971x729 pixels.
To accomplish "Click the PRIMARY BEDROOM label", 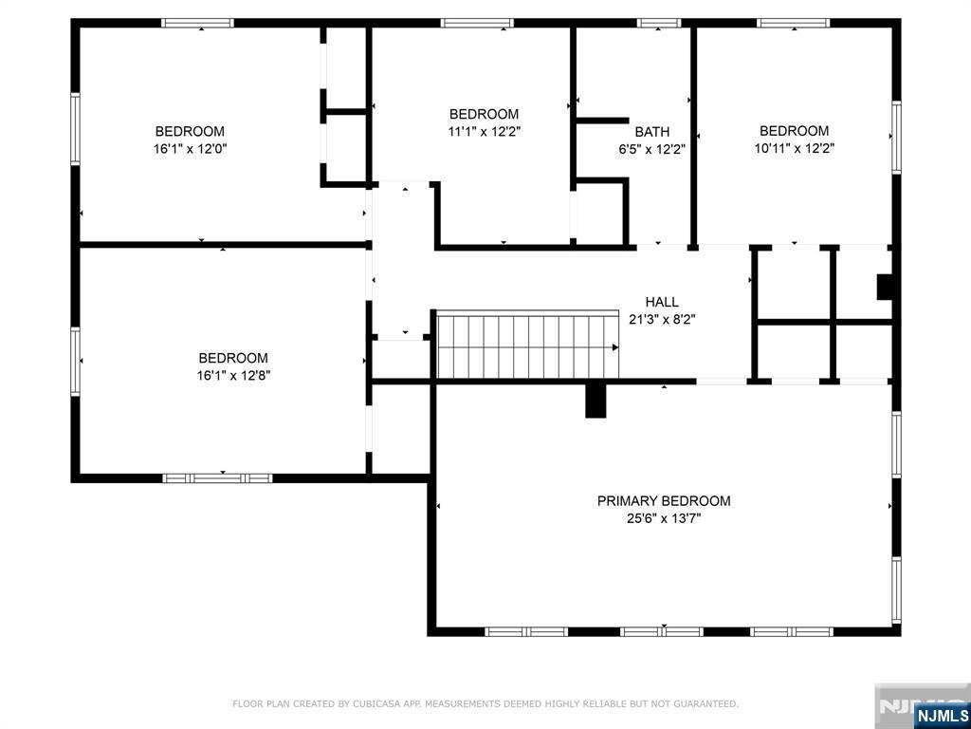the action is click(664, 501).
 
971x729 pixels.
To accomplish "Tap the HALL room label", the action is click(662, 302).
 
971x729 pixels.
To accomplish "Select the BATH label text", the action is click(652, 132).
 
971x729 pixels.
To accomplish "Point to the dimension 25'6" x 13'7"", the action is click(664, 518).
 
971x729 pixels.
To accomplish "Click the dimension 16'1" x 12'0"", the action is click(190, 149).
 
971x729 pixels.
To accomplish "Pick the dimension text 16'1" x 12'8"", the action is click(233, 375).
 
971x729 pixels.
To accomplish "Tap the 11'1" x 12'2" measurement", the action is click(484, 131).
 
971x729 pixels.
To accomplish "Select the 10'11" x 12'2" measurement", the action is click(795, 149).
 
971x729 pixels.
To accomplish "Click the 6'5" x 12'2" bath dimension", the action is click(652, 149).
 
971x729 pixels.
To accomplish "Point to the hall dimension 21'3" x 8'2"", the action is click(662, 319).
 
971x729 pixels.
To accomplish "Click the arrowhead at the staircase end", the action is click(615, 347).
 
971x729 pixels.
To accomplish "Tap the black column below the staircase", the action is click(596, 401).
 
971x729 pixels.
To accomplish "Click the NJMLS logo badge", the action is click(942, 716).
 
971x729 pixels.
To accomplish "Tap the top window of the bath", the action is click(659, 23).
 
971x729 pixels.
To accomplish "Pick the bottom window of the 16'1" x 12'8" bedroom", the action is click(217, 478).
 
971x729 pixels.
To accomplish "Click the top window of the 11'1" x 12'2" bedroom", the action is click(477, 23).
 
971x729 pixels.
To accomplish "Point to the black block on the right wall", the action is click(885, 287).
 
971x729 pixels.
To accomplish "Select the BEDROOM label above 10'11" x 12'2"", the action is click(795, 131).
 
